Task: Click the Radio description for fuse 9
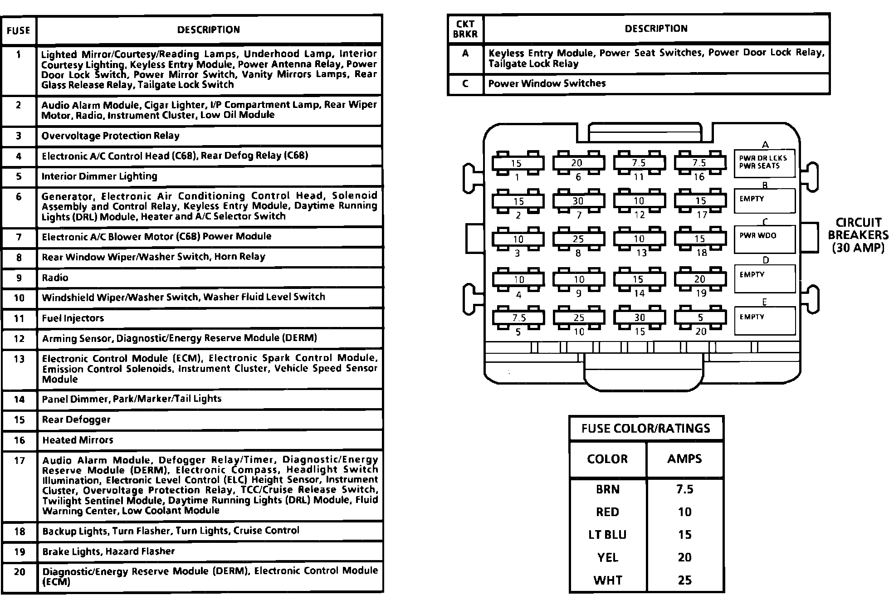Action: tap(55, 278)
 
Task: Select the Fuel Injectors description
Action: tap(73, 318)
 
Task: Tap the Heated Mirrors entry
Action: tap(78, 440)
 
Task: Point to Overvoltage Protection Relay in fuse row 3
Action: tap(110, 136)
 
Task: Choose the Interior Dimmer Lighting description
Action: tap(99, 176)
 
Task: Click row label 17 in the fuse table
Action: tap(19, 461)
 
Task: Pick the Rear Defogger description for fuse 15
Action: tap(76, 419)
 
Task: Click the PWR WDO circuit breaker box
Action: tap(764, 239)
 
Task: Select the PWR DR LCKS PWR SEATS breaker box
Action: tap(764, 163)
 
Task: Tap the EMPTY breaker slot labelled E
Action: tap(764, 321)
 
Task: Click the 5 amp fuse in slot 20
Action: tap(700, 318)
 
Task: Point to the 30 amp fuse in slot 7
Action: tap(578, 201)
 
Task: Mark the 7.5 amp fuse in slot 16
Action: tap(699, 163)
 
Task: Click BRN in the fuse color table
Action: tap(607, 489)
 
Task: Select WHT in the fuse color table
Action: tap(607, 580)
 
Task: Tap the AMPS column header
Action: tap(684, 458)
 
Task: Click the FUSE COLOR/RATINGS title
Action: tap(646, 428)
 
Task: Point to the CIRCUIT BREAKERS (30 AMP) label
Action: tap(858, 235)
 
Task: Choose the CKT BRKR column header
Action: tap(465, 29)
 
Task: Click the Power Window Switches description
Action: tap(547, 83)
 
